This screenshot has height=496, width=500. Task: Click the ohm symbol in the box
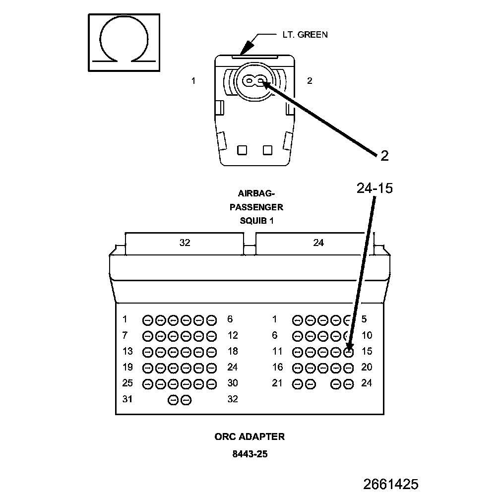[x=124, y=42]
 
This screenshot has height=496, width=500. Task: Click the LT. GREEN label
[x=302, y=35]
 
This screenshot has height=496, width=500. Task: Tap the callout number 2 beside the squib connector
[x=384, y=156]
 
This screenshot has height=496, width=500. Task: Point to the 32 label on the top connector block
[x=185, y=243]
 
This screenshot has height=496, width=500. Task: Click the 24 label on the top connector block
[x=318, y=243]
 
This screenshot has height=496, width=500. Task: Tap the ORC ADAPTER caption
[x=250, y=436]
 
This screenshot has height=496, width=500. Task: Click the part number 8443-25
[x=250, y=453]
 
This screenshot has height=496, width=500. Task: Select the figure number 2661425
[x=390, y=484]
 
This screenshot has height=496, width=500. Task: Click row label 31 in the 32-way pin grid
[x=127, y=399]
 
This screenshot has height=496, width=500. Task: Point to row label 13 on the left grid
[x=127, y=351]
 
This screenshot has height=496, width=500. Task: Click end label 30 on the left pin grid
[x=233, y=383]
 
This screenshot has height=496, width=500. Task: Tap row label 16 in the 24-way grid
[x=277, y=367]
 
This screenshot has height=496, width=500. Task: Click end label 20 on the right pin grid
[x=367, y=367]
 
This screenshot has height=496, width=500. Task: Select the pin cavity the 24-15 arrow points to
[x=349, y=352]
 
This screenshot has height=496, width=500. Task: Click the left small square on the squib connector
[x=242, y=149]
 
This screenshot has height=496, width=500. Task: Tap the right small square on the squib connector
[x=268, y=149]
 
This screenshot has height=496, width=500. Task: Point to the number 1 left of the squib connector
[x=193, y=81]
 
